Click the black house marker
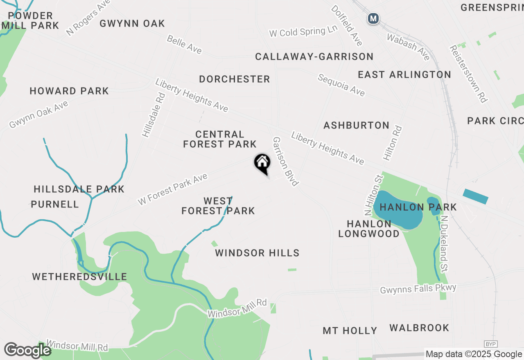[262, 163]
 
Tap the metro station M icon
[373, 18]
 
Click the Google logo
[27, 350]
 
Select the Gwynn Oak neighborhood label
[132, 23]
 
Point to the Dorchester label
[235, 79]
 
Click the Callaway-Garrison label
[314, 56]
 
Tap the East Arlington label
[404, 74]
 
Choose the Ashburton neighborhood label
[356, 125]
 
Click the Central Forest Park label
[220, 139]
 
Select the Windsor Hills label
[257, 253]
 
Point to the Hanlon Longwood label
[369, 229]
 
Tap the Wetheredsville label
[79, 277]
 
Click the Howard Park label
[69, 91]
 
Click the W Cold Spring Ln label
[303, 32]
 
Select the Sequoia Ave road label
[341, 85]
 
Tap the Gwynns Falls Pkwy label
[418, 289]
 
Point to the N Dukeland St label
[444, 244]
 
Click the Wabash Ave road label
[409, 47]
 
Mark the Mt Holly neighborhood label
[350, 331]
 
